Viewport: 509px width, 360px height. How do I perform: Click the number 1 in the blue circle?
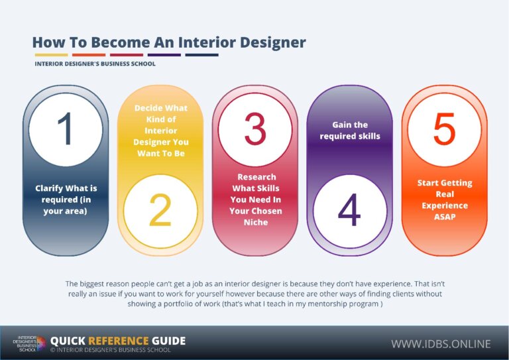point(65,129)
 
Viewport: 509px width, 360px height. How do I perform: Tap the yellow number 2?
point(160,211)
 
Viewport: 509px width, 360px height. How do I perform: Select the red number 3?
point(255,129)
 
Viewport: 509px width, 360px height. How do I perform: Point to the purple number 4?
point(349,211)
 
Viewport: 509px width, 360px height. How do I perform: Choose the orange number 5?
point(444,129)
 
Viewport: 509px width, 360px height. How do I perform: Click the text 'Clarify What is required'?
point(66,200)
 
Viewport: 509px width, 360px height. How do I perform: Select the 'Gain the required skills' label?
point(350,130)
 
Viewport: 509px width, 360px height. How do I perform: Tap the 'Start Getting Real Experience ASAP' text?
point(444,200)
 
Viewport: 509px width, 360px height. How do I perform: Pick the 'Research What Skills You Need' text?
point(255,200)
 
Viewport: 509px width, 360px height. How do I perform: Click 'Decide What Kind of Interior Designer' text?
point(160,130)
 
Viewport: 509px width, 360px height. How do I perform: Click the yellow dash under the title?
point(51,55)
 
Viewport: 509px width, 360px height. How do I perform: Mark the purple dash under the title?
point(164,55)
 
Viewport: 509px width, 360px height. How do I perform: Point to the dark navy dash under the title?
point(201,55)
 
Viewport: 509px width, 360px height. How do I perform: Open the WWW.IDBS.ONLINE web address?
point(440,343)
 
